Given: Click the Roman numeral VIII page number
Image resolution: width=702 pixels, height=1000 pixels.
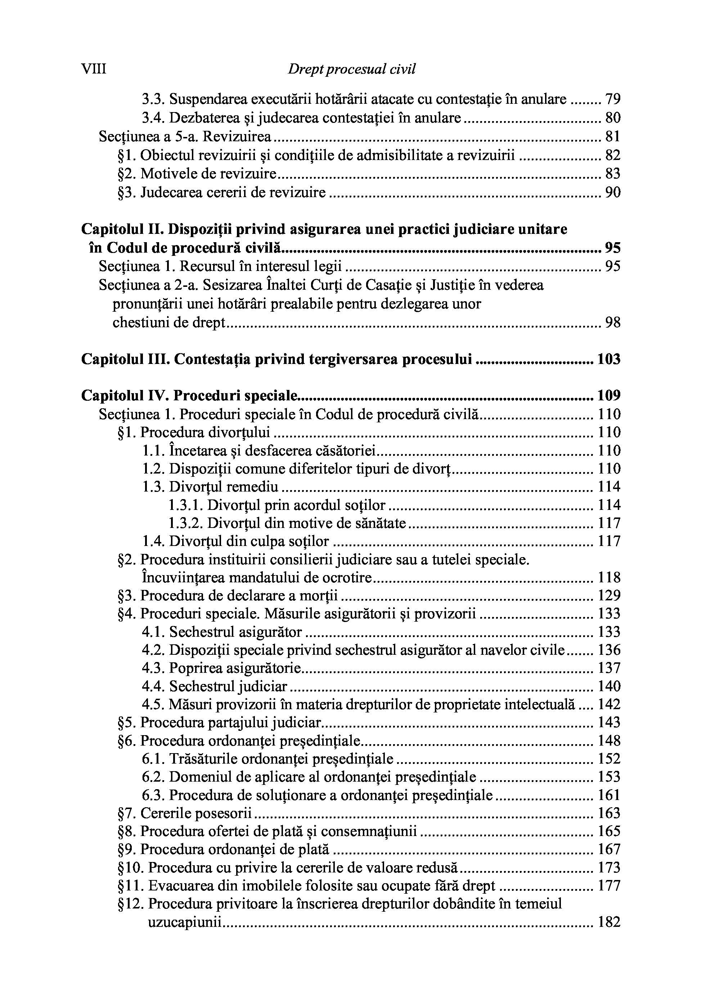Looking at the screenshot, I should point(94,69).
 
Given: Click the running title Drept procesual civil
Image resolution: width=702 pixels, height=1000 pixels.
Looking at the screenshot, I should point(351,69).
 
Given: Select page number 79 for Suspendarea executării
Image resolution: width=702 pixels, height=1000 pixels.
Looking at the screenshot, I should point(613,100).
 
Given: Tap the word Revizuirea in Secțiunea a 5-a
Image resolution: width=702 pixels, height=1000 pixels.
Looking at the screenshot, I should point(237,137).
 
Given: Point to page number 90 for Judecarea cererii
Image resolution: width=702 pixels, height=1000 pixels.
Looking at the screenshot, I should point(613,192).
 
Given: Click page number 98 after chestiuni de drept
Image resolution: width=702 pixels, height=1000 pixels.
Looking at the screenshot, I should point(613,323).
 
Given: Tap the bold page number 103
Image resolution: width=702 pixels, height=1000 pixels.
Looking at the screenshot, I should point(608,359).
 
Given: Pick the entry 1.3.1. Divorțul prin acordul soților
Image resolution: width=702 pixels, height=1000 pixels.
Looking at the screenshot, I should point(277,505).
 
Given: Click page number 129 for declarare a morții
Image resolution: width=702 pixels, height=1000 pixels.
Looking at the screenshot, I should point(609,595).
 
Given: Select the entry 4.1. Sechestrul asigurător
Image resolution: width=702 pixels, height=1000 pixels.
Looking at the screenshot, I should point(222,632).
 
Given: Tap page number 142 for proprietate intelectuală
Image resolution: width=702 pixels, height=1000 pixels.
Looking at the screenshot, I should point(609,704).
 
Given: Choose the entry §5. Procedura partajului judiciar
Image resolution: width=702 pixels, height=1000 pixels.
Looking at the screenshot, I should point(219,723).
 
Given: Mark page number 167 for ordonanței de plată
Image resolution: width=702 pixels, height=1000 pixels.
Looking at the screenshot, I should point(609,849).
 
